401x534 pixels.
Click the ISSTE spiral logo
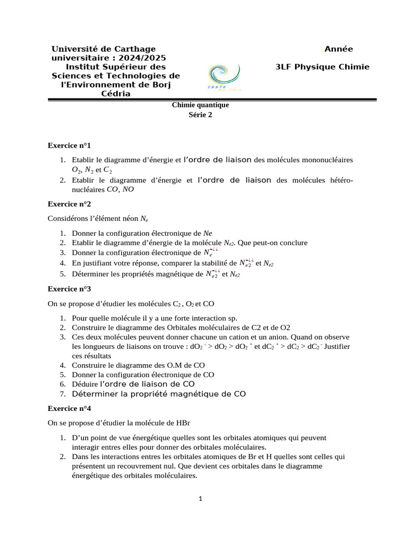(224, 78)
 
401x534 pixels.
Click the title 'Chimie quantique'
(200, 105)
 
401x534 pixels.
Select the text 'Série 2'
(200, 116)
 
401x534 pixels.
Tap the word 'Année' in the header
(338, 49)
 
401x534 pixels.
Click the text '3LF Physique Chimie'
(322, 67)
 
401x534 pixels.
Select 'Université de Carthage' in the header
(103, 49)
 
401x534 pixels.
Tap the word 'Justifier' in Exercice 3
(337, 347)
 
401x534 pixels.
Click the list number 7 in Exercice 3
(62, 394)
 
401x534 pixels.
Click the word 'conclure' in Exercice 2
(293, 242)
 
